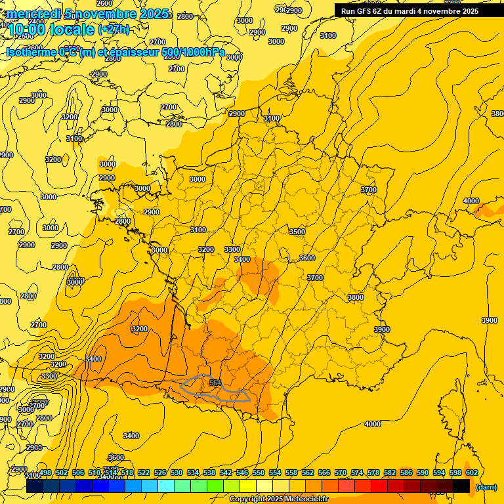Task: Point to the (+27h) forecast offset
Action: (x=114, y=30)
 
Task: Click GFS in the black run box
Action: (x=366, y=11)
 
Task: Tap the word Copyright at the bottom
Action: (x=247, y=499)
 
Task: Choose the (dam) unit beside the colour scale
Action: (x=485, y=486)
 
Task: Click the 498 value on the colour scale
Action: (x=45, y=472)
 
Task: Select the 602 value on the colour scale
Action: (x=471, y=472)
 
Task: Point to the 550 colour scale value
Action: (x=259, y=472)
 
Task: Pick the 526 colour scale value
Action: (x=160, y=472)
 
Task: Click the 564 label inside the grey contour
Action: (x=215, y=383)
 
